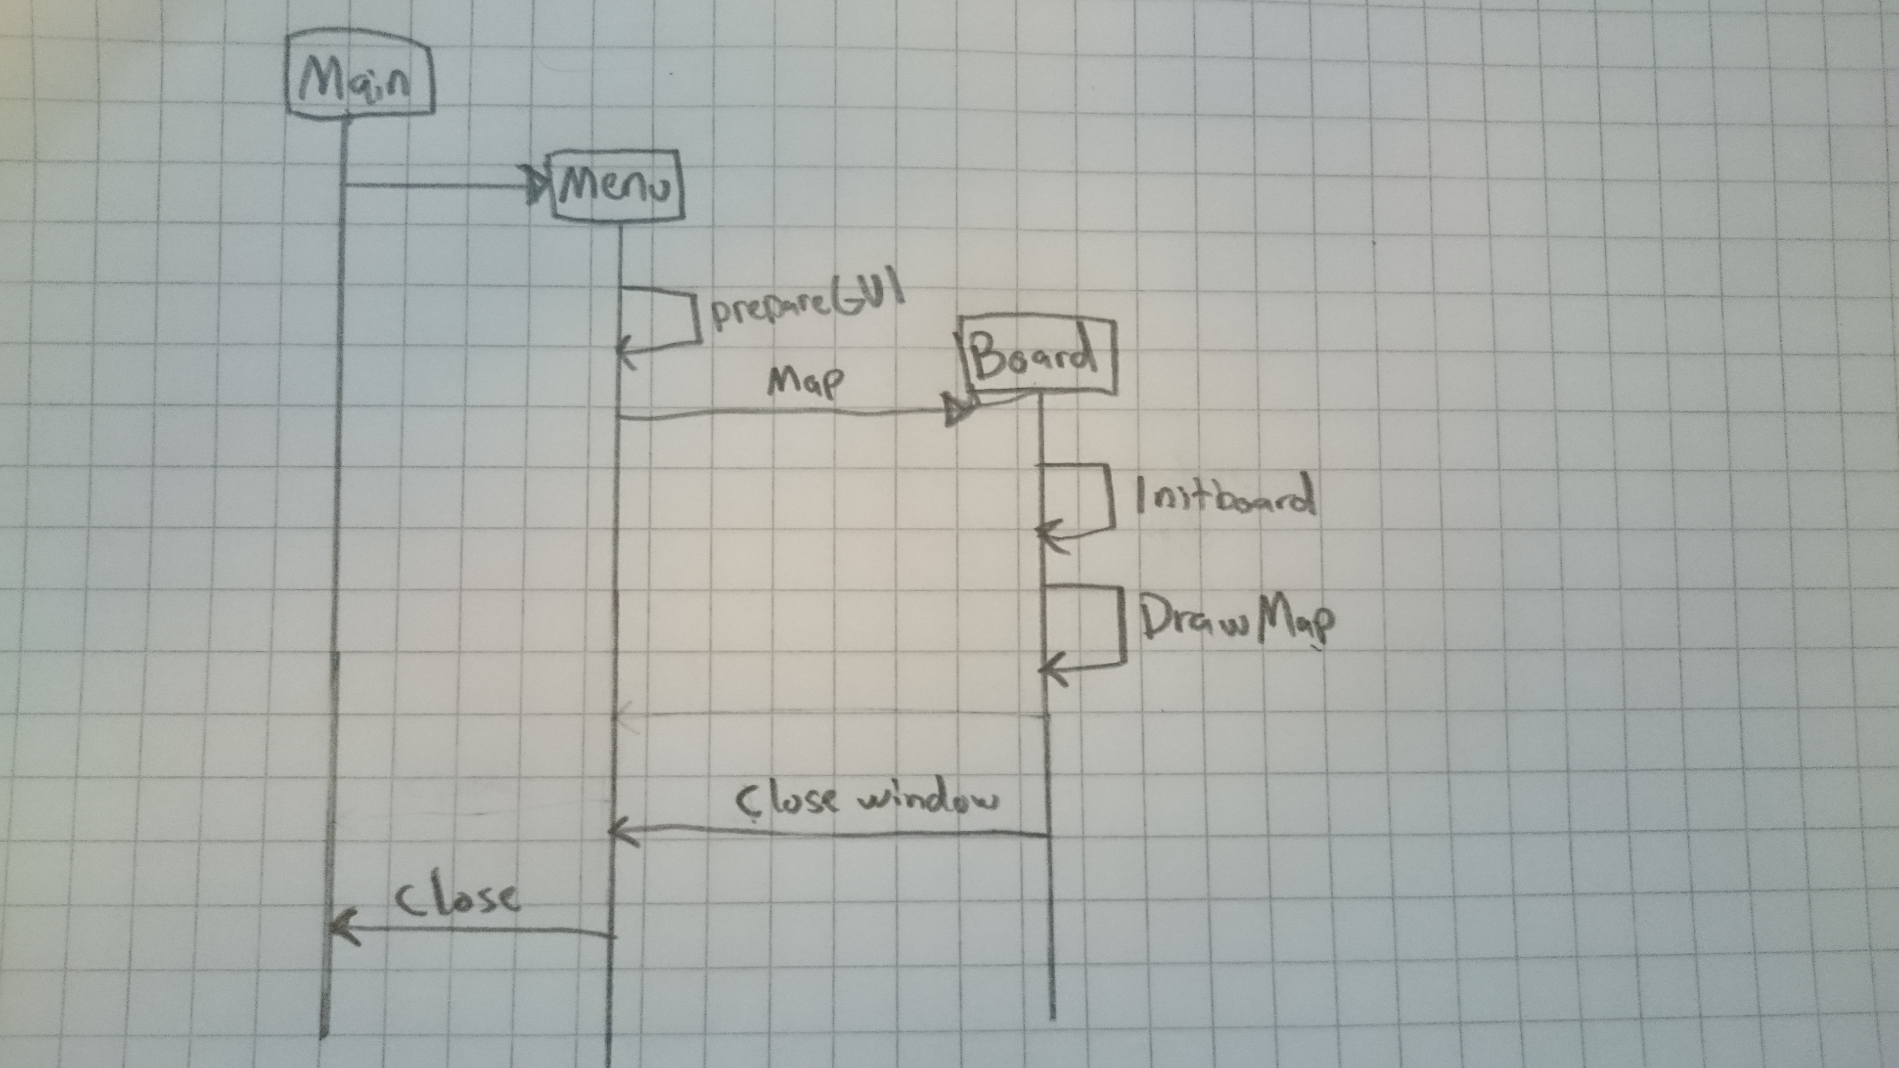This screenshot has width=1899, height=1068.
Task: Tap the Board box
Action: pyautogui.click(x=1037, y=356)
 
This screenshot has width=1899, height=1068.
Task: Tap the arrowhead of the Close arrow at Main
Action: pyautogui.click(x=341, y=929)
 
